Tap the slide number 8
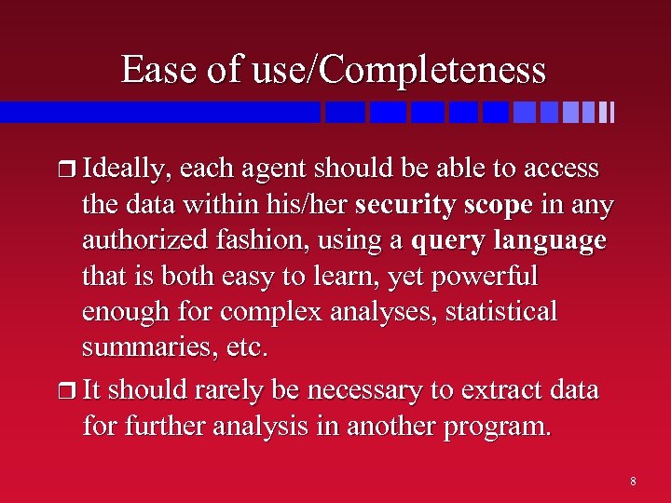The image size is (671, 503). [633, 482]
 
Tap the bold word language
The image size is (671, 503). [550, 241]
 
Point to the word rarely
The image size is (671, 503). [216, 390]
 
